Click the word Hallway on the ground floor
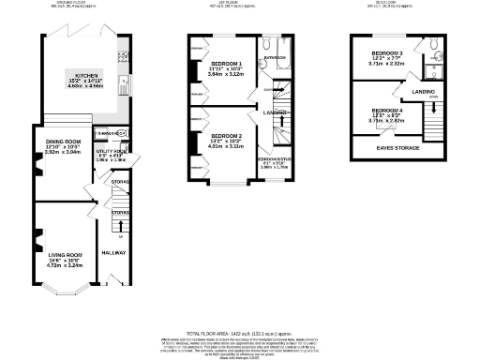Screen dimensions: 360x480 pos(112,253)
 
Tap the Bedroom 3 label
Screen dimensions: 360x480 pos(386,52)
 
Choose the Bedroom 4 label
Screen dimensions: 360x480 pos(386,111)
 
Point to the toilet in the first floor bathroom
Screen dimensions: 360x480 pos(266,45)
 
